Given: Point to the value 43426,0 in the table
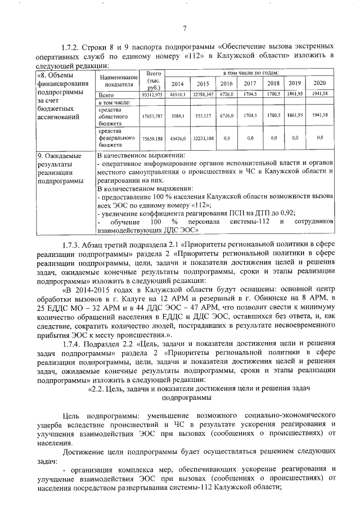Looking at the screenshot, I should tap(177, 137).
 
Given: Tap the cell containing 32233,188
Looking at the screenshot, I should tap(202, 137).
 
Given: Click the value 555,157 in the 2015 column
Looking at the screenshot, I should tap(202, 115).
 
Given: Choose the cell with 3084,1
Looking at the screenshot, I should tap(177, 115).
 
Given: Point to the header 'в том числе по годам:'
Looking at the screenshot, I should tap(249, 74).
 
